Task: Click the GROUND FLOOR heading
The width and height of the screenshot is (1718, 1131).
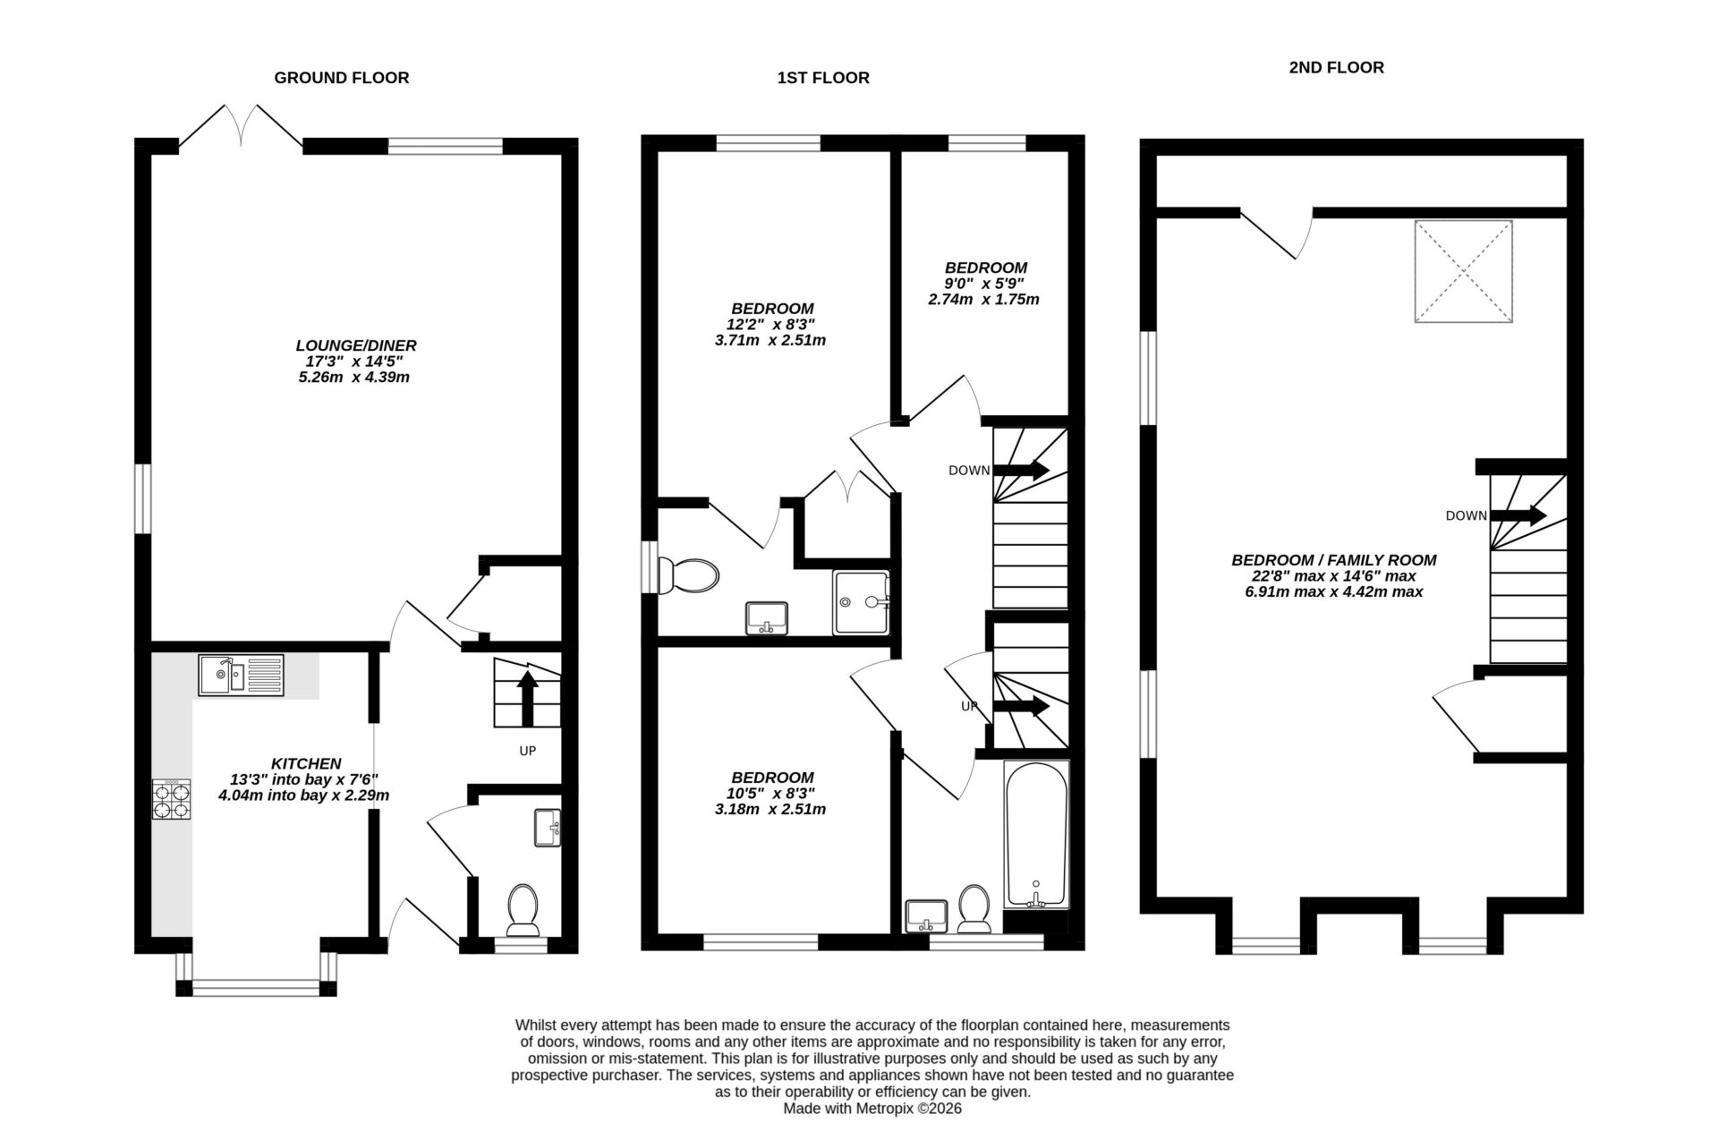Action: (x=341, y=78)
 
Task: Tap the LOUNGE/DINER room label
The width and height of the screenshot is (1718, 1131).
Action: (x=356, y=345)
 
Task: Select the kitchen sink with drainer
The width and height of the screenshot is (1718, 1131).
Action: (x=241, y=675)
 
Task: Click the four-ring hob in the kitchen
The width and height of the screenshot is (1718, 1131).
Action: (x=172, y=800)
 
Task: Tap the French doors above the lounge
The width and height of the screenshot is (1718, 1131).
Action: (x=241, y=125)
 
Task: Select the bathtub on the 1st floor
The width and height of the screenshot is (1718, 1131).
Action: (x=1036, y=834)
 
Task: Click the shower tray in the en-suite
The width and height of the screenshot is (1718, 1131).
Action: (x=861, y=602)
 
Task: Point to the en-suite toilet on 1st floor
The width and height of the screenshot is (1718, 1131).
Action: (x=689, y=575)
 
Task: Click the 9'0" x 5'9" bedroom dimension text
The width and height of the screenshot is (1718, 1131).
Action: (x=984, y=284)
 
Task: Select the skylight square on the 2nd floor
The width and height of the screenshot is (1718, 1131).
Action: (x=1463, y=271)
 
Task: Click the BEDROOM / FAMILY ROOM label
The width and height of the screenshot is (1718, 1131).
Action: (x=1333, y=560)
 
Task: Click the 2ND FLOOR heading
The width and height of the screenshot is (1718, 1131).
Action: (x=1335, y=68)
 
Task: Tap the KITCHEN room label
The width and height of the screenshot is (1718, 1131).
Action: (x=306, y=763)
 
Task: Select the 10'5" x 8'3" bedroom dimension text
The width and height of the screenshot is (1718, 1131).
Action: (x=771, y=794)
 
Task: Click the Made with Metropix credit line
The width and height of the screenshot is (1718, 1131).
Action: (x=872, y=1108)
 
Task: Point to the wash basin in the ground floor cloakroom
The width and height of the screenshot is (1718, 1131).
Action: (x=546, y=827)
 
